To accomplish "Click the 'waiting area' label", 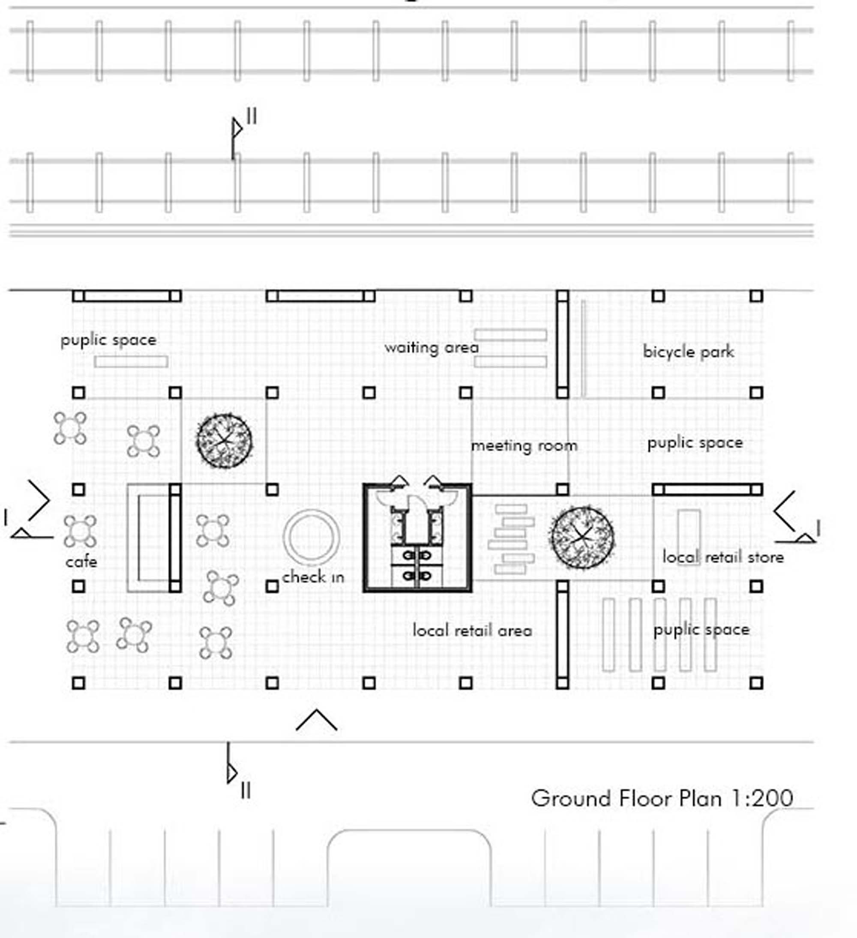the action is point(431,348).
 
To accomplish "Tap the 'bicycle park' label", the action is point(689,351).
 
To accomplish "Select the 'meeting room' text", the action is point(524,446).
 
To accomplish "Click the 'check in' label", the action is point(313,577).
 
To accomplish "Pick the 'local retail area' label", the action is point(472,630).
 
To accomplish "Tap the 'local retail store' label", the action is point(723,557).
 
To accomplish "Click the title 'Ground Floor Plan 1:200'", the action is point(662,798).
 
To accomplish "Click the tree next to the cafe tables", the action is point(225,440).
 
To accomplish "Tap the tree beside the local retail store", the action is point(582,538).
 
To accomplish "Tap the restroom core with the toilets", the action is point(417,538).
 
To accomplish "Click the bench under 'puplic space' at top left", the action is point(131,361).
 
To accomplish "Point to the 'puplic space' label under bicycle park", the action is point(695,443).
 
